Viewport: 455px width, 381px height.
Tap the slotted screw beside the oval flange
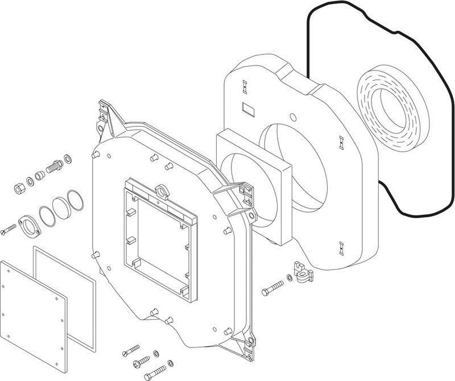(9, 231)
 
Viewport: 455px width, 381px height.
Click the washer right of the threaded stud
(68, 157)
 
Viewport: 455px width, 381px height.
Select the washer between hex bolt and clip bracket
(290, 279)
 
